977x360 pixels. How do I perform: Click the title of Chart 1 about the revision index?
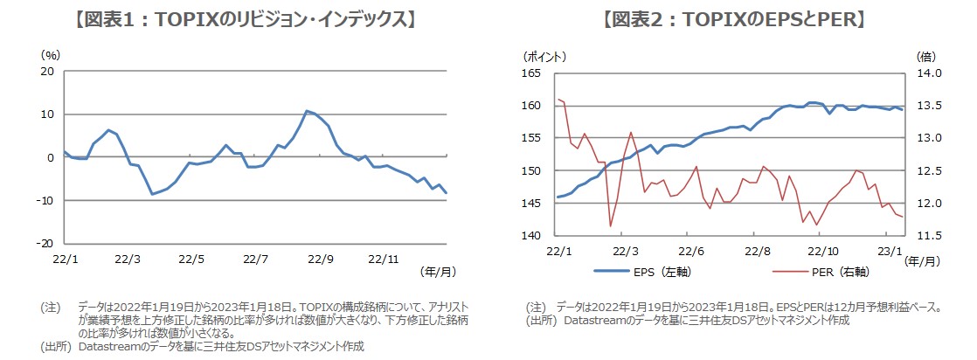click(x=244, y=19)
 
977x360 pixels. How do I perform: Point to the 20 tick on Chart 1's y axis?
click(x=48, y=72)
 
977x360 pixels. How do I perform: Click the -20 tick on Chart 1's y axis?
click(x=46, y=243)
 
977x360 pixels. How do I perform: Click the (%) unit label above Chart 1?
click(x=51, y=54)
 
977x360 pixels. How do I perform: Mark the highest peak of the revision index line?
click(x=307, y=111)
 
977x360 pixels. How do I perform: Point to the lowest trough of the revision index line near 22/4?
click(x=153, y=194)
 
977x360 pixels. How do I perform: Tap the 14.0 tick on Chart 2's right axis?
click(x=928, y=73)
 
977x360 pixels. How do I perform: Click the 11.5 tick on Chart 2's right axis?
click(x=928, y=236)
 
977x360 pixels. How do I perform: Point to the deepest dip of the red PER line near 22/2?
click(x=610, y=226)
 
